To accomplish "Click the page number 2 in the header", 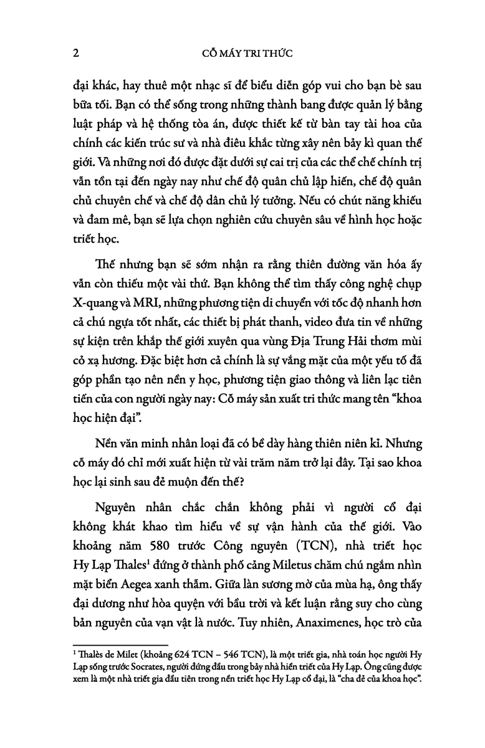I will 76,53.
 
